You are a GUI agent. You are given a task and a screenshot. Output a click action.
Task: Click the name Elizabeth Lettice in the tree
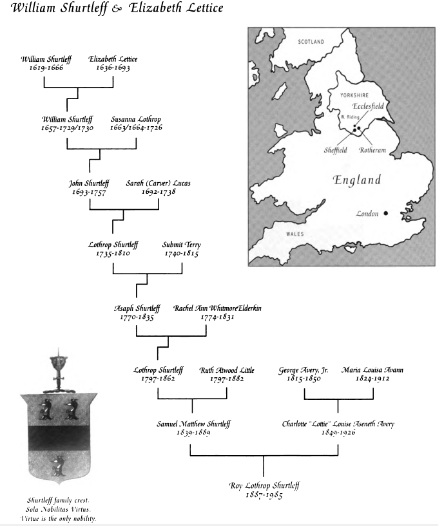point(113,59)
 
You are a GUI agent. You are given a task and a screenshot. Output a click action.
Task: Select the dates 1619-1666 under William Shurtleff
point(46,68)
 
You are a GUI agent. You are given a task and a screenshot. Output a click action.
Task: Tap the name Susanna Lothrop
point(136,119)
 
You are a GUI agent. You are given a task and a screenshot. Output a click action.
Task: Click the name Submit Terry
point(181,245)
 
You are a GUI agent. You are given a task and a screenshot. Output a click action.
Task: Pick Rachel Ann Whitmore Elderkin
point(217,308)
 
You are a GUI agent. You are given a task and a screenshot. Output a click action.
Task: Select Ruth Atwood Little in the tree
point(226,370)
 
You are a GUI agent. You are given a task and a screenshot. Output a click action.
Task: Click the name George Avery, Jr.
point(304,370)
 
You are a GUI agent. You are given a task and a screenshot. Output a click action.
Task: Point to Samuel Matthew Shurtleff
point(193,424)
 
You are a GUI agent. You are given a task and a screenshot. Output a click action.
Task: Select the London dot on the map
point(386,213)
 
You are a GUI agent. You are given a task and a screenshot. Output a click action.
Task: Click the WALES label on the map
point(294,234)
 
